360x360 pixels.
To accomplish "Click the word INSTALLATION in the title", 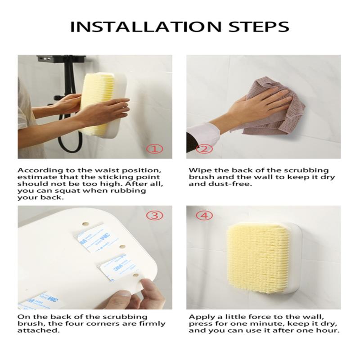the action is (x=145, y=27).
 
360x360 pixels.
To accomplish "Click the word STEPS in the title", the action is (x=259, y=27).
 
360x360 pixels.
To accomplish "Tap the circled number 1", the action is (x=155, y=149).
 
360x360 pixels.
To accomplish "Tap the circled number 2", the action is (x=204, y=149).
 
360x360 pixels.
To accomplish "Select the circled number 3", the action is (x=155, y=216).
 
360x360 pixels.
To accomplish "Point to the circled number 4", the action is (x=204, y=216).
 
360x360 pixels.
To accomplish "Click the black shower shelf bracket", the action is (x=61, y=58).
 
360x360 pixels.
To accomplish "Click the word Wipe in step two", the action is (x=199, y=171).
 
